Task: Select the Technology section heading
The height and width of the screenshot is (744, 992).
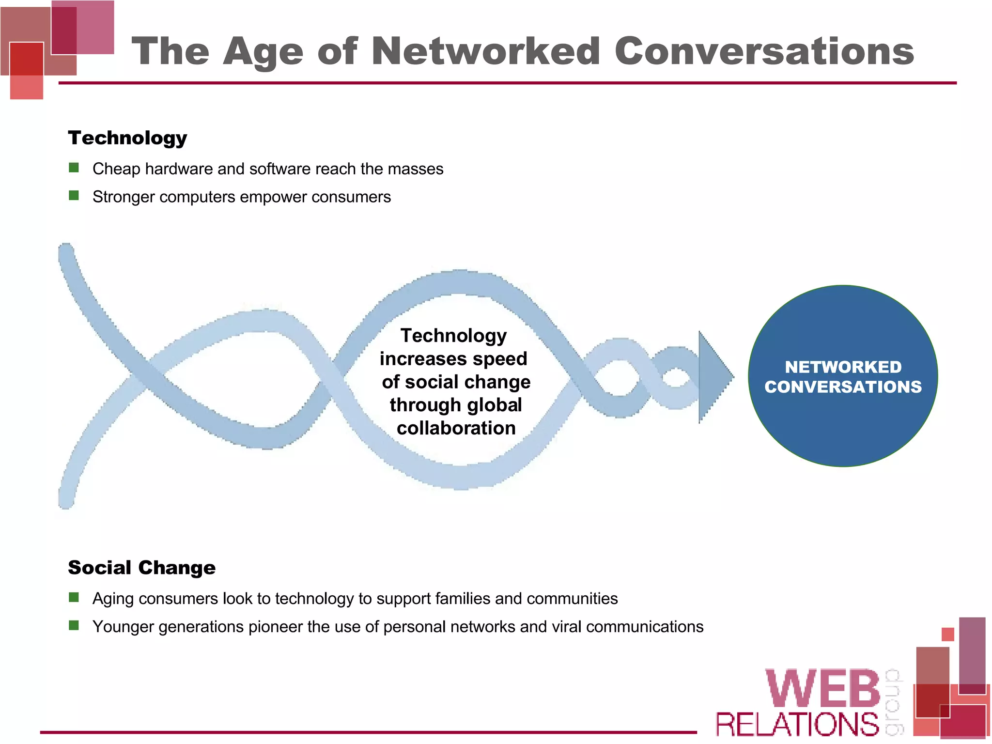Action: click(127, 139)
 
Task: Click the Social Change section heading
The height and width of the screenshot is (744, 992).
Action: click(141, 568)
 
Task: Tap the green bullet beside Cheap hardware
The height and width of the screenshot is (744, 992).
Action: click(74, 168)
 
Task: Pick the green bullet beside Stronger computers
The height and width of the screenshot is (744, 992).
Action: click(74, 196)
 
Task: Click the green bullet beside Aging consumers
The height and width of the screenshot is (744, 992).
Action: click(74, 597)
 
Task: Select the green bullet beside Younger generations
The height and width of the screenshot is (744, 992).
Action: click(74, 625)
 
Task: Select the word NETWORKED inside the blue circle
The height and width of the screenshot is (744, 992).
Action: click(843, 367)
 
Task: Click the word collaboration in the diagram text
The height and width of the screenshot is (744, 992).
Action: click(456, 428)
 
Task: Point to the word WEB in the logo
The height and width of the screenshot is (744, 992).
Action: click(822, 689)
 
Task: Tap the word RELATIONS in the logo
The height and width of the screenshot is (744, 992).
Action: click(797, 725)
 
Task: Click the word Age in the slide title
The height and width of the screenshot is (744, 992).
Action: click(263, 52)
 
